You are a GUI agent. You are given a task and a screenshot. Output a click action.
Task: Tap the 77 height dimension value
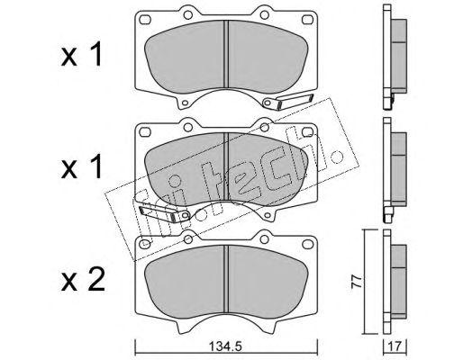coord(357,282)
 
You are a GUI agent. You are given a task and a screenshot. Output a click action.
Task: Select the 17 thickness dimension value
coord(395,346)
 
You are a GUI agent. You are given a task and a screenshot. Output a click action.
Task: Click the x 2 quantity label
coord(83,279)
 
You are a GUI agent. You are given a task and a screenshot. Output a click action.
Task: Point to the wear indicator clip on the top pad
coord(287,102)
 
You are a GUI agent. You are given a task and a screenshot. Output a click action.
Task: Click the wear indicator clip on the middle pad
coord(165,213)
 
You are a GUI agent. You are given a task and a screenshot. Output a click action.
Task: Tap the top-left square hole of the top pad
coord(145,19)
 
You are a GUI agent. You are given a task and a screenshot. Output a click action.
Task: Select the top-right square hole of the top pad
coord(307,19)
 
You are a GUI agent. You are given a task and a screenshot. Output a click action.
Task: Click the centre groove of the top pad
coord(226,56)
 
